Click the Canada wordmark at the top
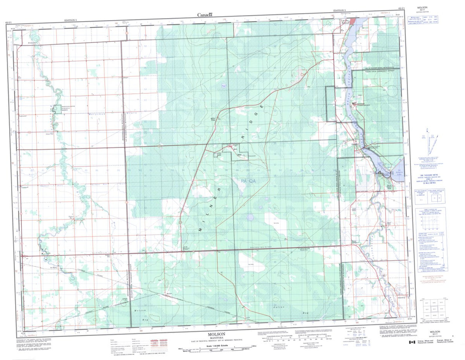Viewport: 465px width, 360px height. (x=205, y=15)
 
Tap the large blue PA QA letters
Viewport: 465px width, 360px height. (x=248, y=181)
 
